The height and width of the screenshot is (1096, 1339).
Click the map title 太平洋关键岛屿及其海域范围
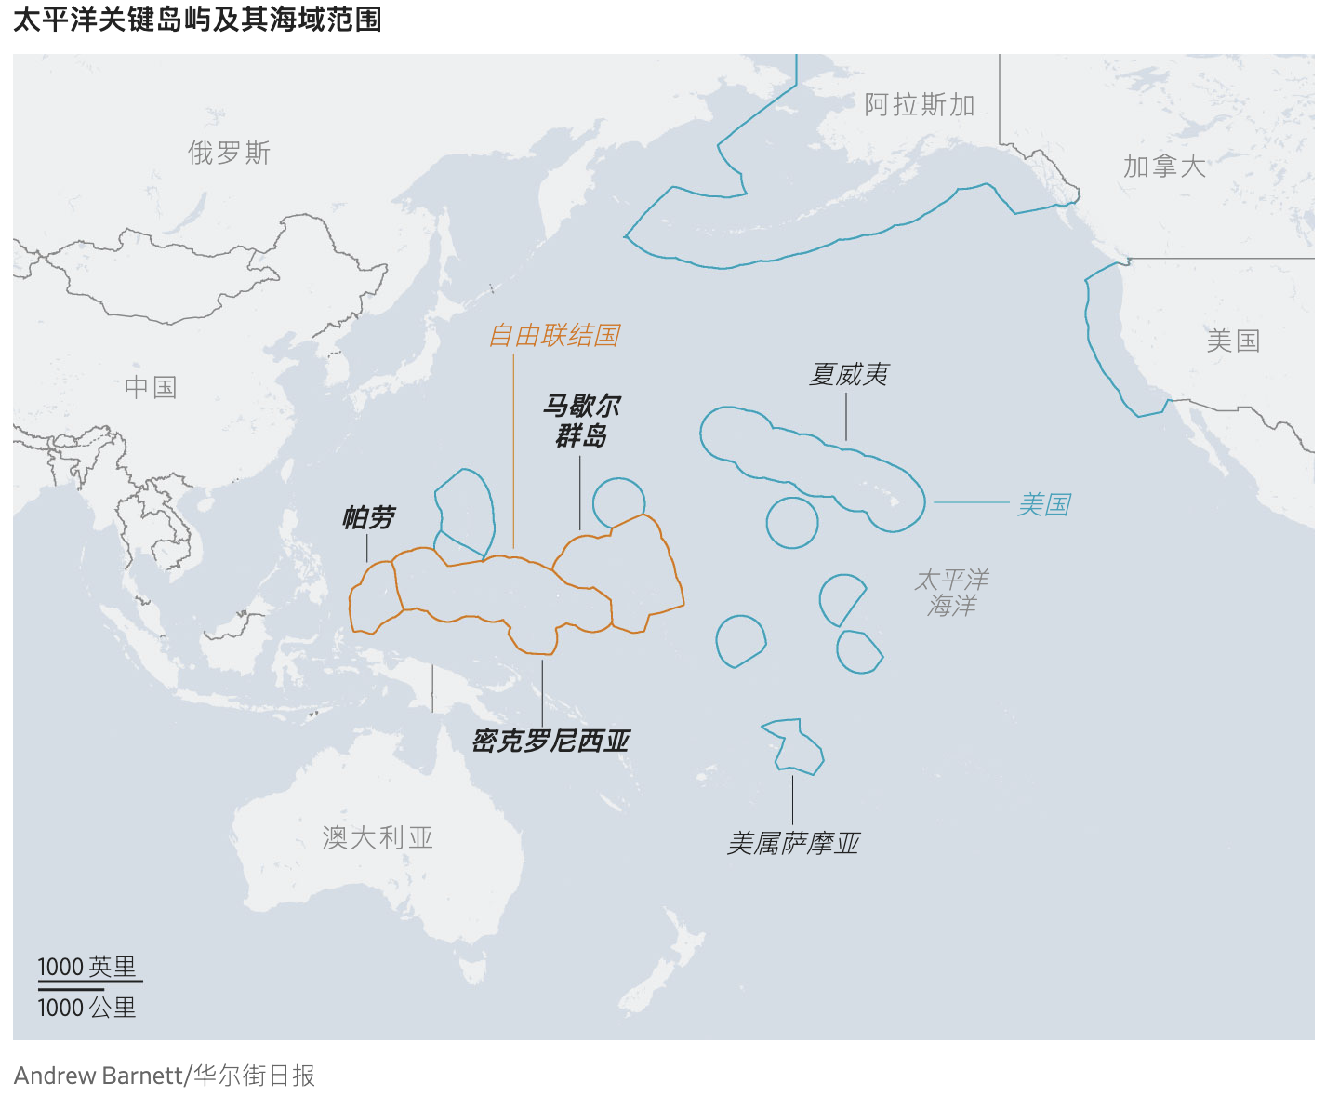pos(197,20)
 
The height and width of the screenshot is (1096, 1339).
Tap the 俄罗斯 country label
pos(229,153)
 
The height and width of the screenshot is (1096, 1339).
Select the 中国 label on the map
pos(151,387)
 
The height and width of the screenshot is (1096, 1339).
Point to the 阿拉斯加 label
pos(919,104)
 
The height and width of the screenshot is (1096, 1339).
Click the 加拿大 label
pos(1164,167)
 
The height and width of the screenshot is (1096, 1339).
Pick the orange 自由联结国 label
pos(554,335)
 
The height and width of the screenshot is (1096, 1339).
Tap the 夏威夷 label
pos(848,374)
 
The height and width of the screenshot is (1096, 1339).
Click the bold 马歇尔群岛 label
pos(581,421)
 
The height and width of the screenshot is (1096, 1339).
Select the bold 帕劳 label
pos(368,517)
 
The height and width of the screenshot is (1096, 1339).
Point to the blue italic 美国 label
pos(1043,504)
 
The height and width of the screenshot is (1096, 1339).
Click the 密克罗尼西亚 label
pos(550,741)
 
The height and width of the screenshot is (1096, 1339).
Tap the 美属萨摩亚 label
pos(792,843)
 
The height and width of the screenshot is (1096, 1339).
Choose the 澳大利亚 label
pos(378,837)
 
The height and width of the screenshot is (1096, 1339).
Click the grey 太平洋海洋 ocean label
pos(951,593)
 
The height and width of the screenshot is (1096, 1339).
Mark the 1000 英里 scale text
pos(86,967)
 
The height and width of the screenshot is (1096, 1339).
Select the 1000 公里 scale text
pos(86,1008)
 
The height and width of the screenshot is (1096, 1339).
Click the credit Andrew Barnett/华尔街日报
pos(165,1076)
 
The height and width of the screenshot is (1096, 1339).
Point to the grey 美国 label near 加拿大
pos(1232,341)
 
